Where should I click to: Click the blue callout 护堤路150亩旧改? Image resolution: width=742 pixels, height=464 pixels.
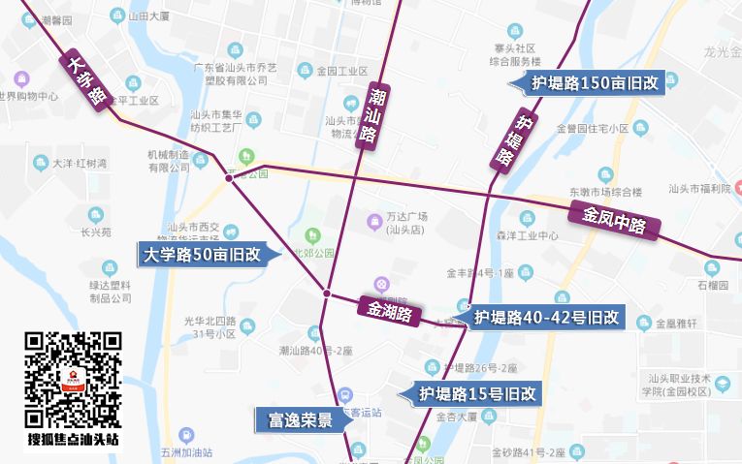(595, 83)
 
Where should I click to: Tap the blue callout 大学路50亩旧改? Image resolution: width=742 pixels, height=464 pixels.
(202, 256)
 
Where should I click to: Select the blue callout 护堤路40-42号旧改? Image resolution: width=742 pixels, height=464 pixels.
(546, 317)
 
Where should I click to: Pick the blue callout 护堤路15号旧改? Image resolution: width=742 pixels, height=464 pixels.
(477, 394)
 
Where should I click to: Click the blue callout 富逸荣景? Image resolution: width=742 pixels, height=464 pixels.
(294, 420)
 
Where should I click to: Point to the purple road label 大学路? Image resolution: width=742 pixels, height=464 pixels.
(87, 82)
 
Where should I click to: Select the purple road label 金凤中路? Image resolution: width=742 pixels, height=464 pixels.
(614, 221)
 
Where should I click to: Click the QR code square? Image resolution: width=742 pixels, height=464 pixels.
(73, 380)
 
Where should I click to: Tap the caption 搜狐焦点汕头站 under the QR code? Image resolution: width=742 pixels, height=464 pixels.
(73, 440)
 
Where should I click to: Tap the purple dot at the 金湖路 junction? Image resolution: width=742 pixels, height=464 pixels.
(328, 293)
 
